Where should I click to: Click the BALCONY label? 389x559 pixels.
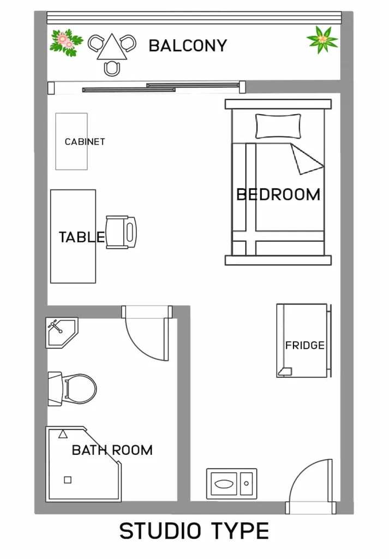pos(188,46)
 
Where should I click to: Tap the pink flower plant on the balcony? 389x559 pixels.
pos(66,43)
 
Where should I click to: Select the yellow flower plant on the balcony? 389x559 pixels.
pos(322,39)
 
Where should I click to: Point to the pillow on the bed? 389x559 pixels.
pos(278,126)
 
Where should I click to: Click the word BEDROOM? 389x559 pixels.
pos(278,195)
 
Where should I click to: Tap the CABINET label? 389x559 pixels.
pos(85,142)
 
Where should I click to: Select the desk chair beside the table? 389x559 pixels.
pos(121,232)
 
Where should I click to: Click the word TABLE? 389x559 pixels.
pos(82,237)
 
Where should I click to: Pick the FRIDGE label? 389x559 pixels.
pos(305,346)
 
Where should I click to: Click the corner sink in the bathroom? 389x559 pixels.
pos(62,332)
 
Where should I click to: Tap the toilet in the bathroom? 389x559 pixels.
pos(73,389)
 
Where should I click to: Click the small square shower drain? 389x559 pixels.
pos(68,480)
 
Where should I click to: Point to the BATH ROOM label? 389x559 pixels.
pos(112,450)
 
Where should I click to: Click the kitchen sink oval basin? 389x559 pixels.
pos(224,484)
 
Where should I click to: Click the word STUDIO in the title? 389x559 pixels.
pos(160,532)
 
